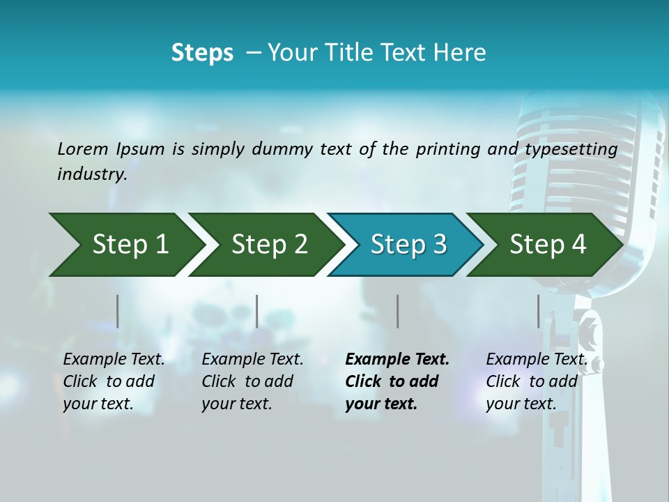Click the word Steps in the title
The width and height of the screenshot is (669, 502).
202,53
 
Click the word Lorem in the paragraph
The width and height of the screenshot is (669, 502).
83,149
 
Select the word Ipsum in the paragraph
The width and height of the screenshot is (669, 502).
141,149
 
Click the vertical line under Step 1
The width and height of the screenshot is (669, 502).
118,311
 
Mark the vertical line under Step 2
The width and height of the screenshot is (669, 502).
257,311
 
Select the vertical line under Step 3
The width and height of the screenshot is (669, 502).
397,311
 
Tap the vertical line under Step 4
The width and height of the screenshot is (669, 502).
538,311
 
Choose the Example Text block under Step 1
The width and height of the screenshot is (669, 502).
114,381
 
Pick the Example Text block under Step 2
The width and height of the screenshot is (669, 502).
252,381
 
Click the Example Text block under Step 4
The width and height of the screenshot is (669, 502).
536,381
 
